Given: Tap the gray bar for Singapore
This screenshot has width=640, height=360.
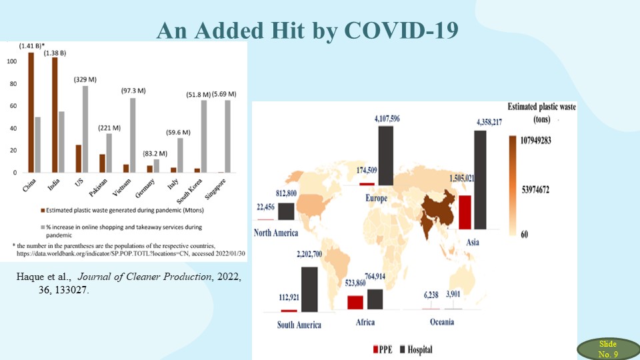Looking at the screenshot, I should (228, 136).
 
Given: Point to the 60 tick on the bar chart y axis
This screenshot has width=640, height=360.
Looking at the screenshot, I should (13, 106).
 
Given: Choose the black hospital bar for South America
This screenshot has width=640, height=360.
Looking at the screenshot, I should (309, 289).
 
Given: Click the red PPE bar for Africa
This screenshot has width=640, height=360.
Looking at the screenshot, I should (355, 301).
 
